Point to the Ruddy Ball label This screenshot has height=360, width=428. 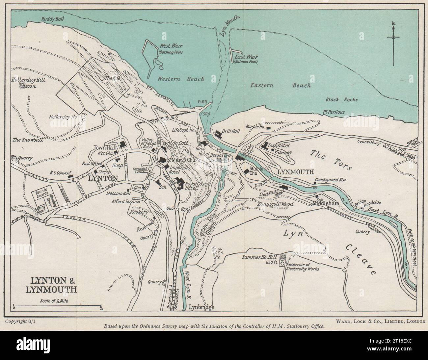(x=53, y=19)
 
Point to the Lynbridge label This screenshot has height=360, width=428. (x=201, y=307)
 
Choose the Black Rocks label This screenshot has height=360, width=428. (x=341, y=99)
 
